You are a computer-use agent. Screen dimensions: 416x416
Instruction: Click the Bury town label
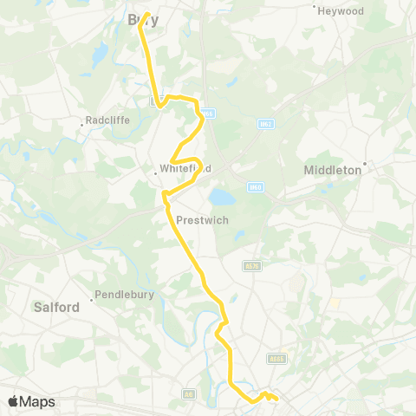pos(138,18)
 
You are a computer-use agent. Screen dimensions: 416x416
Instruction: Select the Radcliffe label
pos(108,120)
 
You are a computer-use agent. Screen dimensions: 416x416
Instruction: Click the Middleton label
pos(334,171)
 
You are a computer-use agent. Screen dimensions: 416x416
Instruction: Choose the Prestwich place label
pos(202,220)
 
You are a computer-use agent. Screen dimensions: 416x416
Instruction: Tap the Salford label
pos(56,307)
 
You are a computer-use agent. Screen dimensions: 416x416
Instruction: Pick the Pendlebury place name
pos(124,295)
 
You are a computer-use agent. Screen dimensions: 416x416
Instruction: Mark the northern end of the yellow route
pos(146,15)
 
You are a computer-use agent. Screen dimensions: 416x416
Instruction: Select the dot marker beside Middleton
pos(366,163)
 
